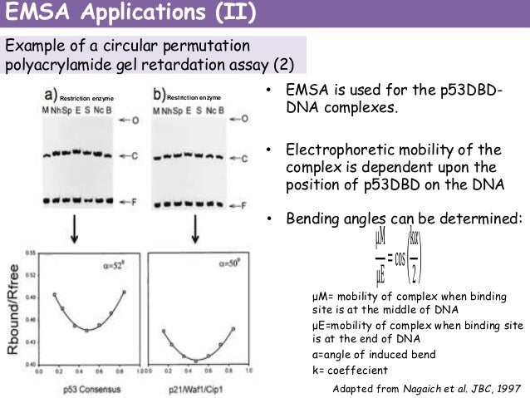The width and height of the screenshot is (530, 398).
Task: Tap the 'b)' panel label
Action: click(x=155, y=96)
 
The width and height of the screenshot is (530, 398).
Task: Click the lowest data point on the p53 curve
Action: click(x=87, y=330)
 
